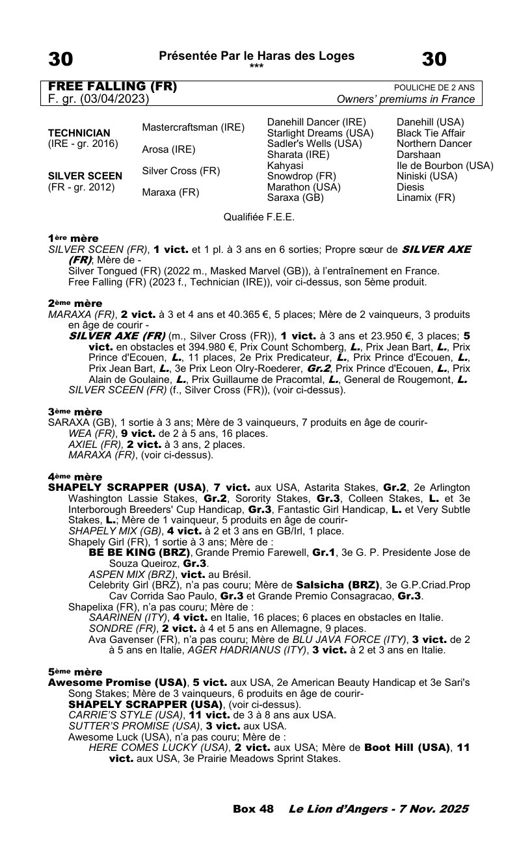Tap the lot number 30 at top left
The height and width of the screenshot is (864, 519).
(x=60, y=59)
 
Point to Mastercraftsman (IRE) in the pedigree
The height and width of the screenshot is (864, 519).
(x=193, y=127)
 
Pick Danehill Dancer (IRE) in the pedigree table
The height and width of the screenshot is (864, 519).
(x=317, y=122)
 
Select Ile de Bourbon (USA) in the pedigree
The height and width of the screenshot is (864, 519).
(x=445, y=165)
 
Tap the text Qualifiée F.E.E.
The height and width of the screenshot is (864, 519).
(x=259, y=217)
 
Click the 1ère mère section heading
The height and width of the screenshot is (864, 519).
(x=73, y=239)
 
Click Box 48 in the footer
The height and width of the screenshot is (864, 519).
(x=253, y=809)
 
